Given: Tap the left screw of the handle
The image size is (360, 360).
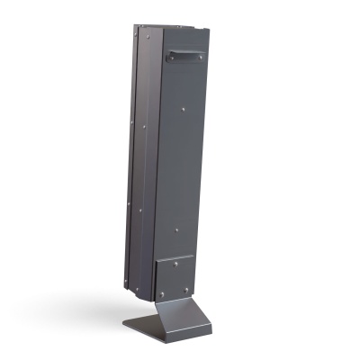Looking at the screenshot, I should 168,56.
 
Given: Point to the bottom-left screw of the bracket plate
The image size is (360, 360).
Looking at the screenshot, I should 162,294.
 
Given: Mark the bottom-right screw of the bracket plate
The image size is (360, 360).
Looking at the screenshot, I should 187,290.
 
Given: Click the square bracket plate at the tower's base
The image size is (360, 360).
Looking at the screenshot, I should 175,277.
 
